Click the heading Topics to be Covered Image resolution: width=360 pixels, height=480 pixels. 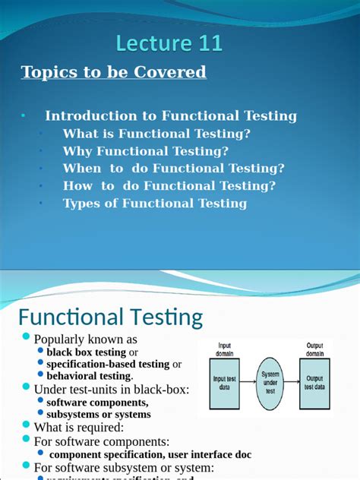(114, 72)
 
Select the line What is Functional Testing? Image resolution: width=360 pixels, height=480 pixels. (156, 133)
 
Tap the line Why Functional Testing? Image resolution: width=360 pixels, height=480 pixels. (146, 150)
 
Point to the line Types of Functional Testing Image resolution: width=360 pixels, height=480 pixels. (155, 203)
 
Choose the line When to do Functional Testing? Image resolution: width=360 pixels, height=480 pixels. (174, 168)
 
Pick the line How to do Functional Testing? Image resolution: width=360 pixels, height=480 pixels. (169, 185)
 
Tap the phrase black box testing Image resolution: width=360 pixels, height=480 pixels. (87, 352)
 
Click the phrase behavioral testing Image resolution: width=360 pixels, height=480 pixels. (89, 375)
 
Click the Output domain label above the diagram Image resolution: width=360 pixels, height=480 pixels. (314, 349)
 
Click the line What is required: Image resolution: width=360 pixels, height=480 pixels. (78, 428)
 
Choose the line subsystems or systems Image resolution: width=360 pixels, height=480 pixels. (99, 415)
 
